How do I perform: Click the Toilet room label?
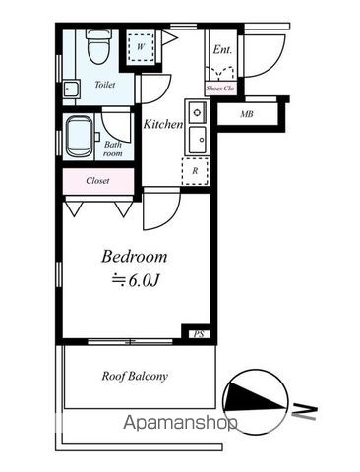pos(105,85)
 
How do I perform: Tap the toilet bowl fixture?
pos(98,46)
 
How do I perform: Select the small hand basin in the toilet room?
pos(71,88)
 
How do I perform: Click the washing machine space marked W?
pos(141,47)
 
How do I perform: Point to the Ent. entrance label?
pos(222,50)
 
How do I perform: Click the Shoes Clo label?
pos(220,88)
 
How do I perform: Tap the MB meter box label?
pos(247,114)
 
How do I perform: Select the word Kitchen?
pos(163,124)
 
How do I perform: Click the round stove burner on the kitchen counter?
pos(197,112)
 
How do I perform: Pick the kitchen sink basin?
pos(198,140)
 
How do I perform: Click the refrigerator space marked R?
pos(195,171)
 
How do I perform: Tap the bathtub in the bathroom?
pos(80,137)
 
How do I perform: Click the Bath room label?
pos(113,148)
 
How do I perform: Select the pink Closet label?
pos(97,181)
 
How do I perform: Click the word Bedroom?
pos(135,257)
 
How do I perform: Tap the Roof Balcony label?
pos(135,376)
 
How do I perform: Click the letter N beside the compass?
pos(305,412)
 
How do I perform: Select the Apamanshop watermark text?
pos(180,423)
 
